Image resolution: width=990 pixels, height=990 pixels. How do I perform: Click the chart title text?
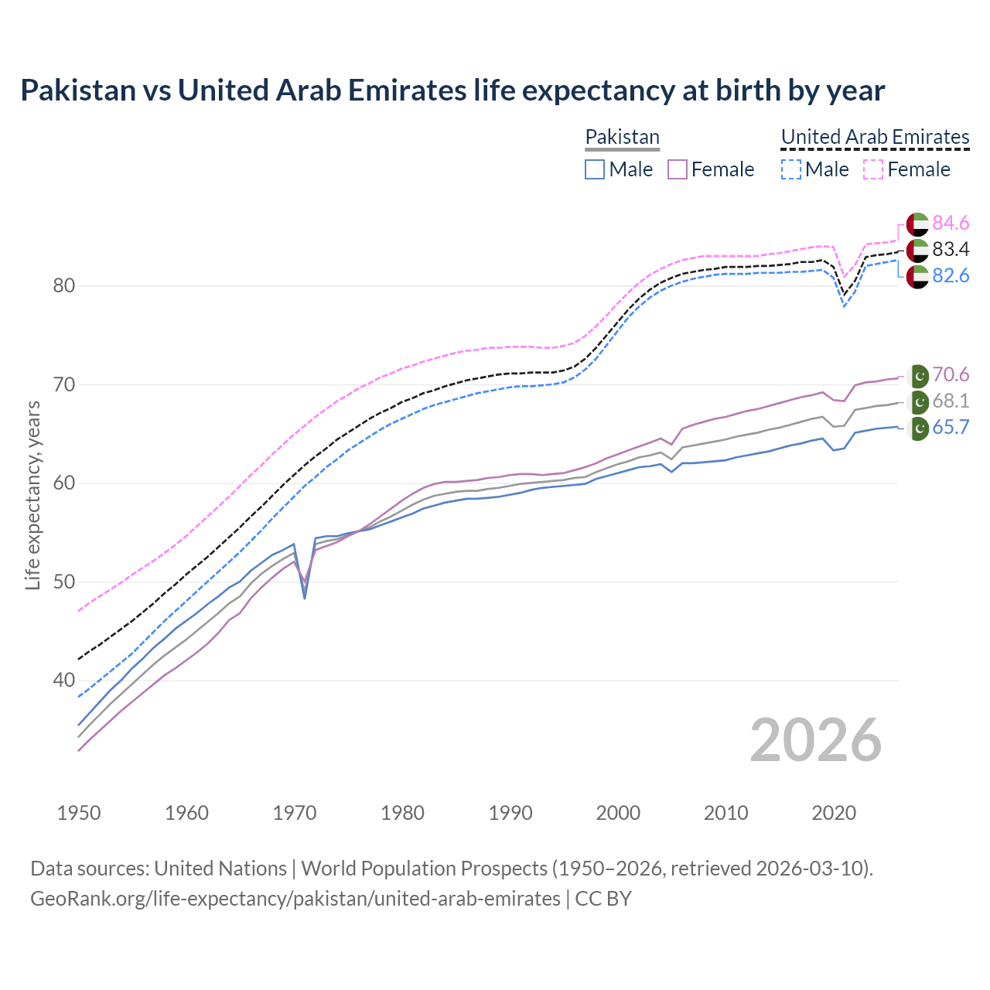pos(452,90)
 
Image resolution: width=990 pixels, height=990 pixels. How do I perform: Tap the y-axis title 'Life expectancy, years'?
pos(32,495)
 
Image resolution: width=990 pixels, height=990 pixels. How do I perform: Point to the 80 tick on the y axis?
pos(64,285)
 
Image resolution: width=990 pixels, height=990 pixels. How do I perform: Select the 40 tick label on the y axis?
pos(64,681)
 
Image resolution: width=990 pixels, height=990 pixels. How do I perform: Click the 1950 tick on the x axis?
pos(79,813)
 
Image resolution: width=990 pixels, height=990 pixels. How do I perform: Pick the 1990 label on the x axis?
pos(510,813)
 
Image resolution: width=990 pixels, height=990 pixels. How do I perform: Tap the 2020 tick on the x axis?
pos(834,813)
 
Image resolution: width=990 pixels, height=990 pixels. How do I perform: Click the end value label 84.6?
pos(951,224)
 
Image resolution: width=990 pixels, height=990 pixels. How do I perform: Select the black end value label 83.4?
pos(951,250)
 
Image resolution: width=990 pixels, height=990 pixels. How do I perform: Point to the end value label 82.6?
pos(951,276)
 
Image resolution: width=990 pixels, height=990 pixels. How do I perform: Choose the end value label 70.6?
pos(951,375)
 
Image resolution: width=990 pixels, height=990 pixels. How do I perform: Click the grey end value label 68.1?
pos(951,401)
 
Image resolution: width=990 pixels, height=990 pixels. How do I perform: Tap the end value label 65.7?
pos(951,428)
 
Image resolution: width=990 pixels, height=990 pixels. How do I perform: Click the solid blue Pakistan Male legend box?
pos(594,169)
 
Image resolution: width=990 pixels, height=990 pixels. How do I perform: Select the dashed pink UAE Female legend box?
pos(872,169)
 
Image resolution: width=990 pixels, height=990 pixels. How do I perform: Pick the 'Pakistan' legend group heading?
pos(622,137)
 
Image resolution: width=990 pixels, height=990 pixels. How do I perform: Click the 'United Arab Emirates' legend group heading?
pos(875,137)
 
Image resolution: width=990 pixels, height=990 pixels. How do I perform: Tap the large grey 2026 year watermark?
pos(816,740)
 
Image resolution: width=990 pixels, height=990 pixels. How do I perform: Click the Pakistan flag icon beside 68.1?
pos(918,402)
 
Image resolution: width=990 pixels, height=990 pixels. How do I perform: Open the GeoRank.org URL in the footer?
pos(295,899)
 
